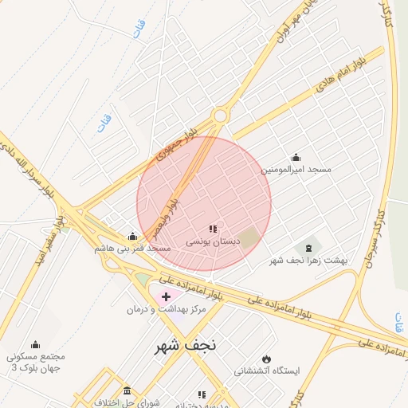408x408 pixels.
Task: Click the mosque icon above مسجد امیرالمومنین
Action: pyautogui.click(x=296, y=157)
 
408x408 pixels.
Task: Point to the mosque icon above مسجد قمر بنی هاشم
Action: pyautogui.click(x=132, y=236)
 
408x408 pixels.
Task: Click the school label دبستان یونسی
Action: pyautogui.click(x=211, y=240)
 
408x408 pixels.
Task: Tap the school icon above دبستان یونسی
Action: pyautogui.click(x=212, y=228)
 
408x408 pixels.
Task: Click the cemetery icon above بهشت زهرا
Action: pyautogui.click(x=308, y=248)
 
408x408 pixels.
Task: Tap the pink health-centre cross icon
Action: pyautogui.click(x=155, y=296)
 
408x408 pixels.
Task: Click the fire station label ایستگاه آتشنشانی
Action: pyautogui.click(x=266, y=371)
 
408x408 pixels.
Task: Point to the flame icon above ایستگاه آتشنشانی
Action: pyautogui.click(x=266, y=359)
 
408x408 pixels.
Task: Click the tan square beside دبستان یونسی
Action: pyautogui.click(x=250, y=237)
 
